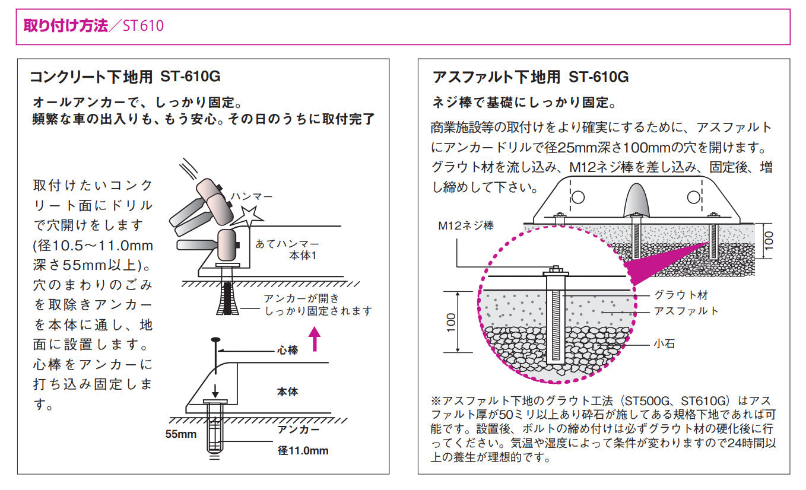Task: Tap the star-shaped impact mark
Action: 247,217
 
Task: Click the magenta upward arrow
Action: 315,339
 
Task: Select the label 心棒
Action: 288,351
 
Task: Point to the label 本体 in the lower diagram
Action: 287,392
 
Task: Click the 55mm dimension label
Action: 180,434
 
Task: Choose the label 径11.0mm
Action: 303,450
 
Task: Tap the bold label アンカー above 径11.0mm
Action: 299,429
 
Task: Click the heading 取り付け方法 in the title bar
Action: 65,26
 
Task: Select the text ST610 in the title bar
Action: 144,26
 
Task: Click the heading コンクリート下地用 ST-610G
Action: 126,77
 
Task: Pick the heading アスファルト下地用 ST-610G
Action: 531,77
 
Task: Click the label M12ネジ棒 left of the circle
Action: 466,225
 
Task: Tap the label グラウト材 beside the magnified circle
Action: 681,294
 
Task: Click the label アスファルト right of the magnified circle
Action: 686,311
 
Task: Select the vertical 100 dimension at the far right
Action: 769,241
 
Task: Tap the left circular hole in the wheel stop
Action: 579,196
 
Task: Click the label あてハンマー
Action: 287,244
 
